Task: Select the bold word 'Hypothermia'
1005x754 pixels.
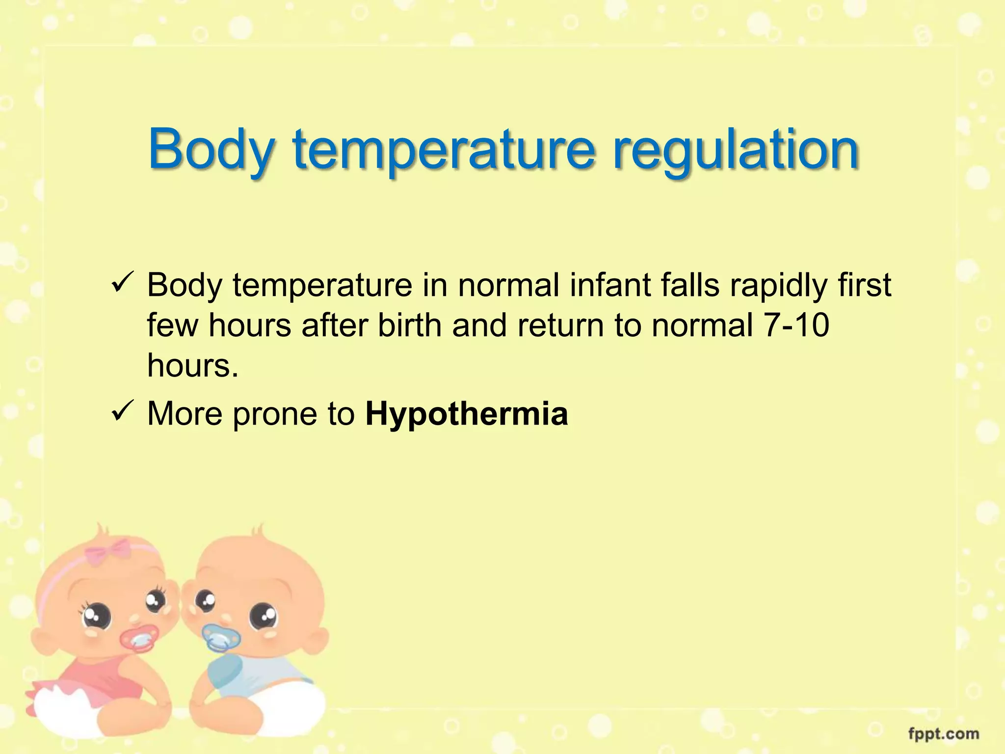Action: point(467,414)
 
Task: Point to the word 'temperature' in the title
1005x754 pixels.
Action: point(445,150)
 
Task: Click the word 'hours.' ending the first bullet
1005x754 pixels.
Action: point(193,366)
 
